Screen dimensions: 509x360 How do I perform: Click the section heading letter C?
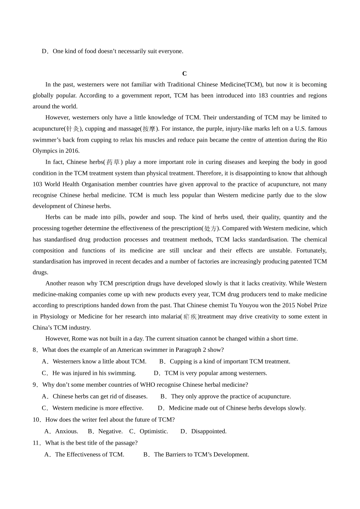pos(184,73)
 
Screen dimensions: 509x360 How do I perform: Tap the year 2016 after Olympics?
pos(72,151)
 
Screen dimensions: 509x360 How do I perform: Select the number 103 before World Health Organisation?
pos(38,184)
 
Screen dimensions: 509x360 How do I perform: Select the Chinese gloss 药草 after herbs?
pos(113,162)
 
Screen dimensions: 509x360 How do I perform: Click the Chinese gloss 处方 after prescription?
pos(210,228)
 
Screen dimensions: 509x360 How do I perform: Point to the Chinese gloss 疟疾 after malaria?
pos(189,317)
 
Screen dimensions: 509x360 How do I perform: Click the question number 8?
pos(35,350)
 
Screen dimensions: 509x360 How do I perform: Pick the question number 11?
pos(36,443)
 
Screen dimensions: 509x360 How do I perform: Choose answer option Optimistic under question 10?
pos(153,431)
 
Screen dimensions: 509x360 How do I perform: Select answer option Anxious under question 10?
pos(66,431)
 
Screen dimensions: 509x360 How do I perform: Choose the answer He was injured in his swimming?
pos(94,373)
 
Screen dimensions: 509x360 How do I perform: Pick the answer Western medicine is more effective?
pos(98,408)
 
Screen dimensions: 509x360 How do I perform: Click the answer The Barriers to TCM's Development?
pos(201,454)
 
